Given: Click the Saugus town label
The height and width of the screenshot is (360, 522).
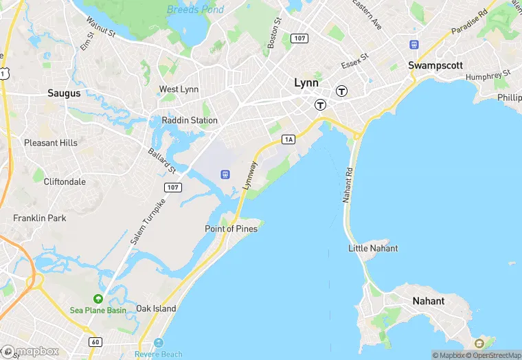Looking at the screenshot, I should [x=64, y=93].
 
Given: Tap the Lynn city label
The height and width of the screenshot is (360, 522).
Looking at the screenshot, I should [x=306, y=82].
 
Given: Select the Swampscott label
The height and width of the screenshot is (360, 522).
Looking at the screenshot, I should [x=435, y=65].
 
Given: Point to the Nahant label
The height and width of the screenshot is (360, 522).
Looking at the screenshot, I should [x=428, y=301].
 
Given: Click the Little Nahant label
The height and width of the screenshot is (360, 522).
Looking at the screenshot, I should [x=373, y=248].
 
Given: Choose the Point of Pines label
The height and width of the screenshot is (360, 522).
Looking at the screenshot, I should [x=231, y=229].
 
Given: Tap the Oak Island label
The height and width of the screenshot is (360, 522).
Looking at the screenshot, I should [x=156, y=308].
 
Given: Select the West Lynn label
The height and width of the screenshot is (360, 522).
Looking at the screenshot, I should [x=179, y=89].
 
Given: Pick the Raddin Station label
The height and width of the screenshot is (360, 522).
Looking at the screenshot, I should [x=190, y=120].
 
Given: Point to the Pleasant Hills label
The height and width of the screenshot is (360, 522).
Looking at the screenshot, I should [x=51, y=143].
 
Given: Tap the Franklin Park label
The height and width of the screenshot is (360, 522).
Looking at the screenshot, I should [x=40, y=218].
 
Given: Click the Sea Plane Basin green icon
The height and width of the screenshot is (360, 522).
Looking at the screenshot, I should [x=98, y=299].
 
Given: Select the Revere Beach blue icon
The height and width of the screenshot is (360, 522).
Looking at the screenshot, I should [x=159, y=343].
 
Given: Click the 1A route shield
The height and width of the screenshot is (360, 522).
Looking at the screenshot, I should [x=288, y=139].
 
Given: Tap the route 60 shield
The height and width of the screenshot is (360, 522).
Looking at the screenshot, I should [x=94, y=341].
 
